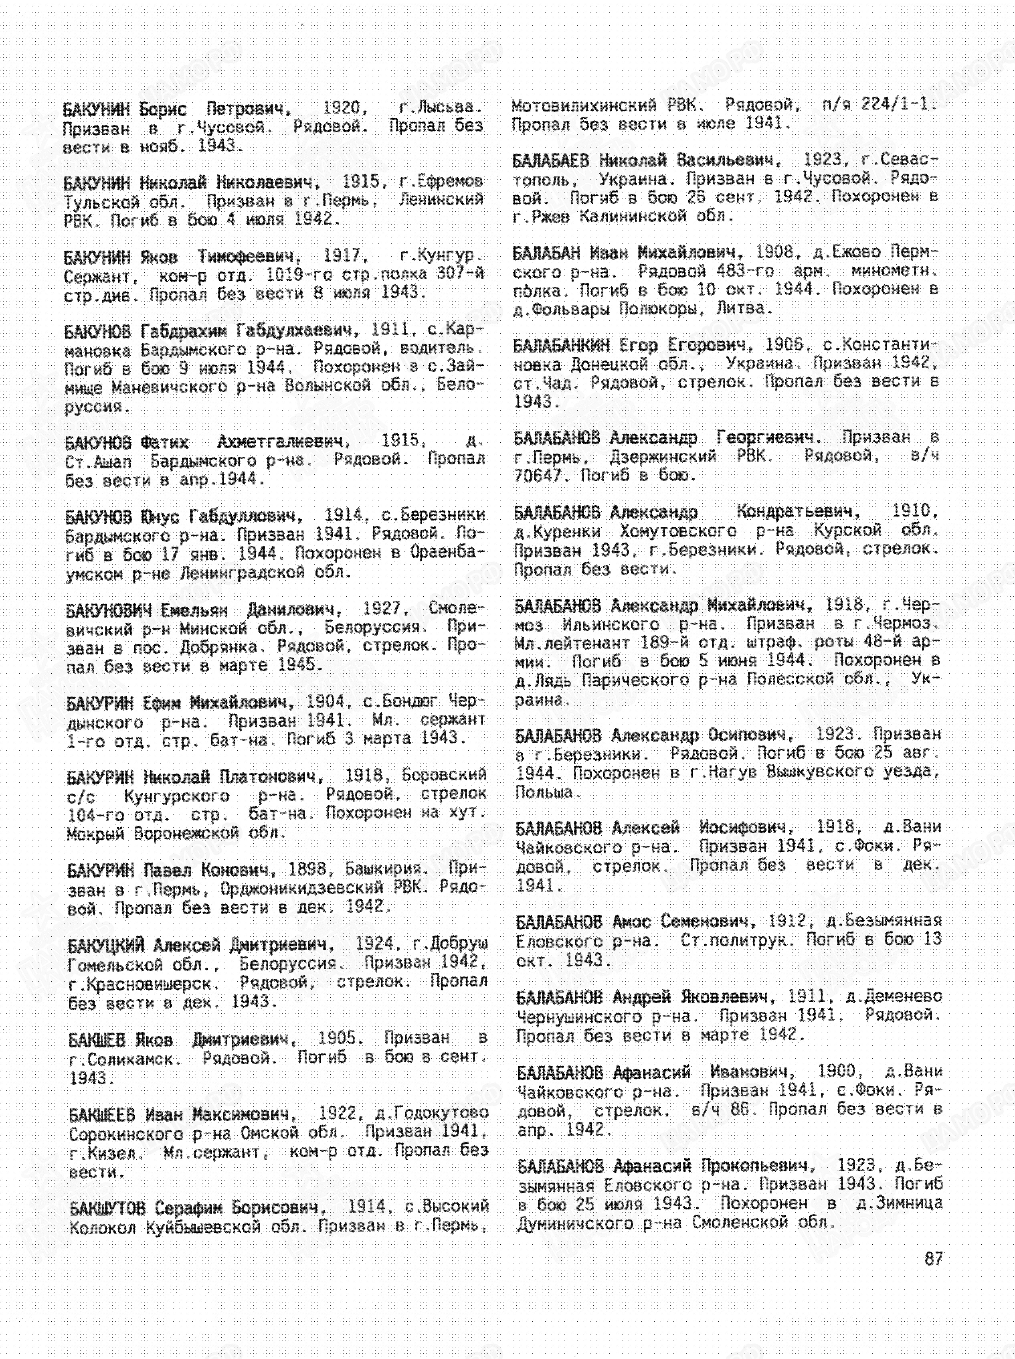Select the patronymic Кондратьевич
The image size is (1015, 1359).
coord(798,512)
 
